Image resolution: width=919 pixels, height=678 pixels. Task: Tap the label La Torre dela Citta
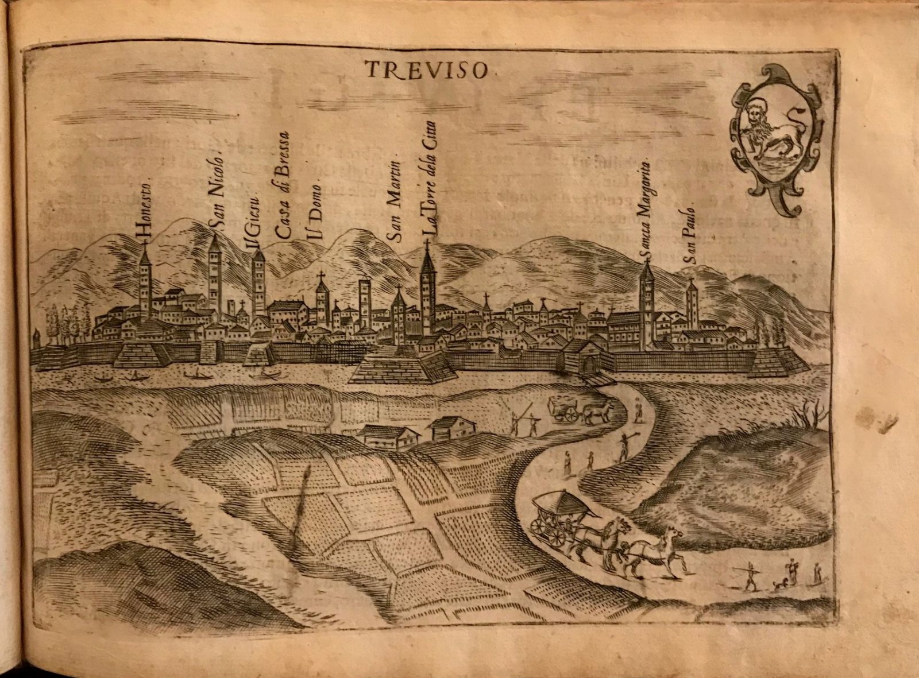coord(430,178)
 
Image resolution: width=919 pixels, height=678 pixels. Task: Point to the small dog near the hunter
coord(778,586)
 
